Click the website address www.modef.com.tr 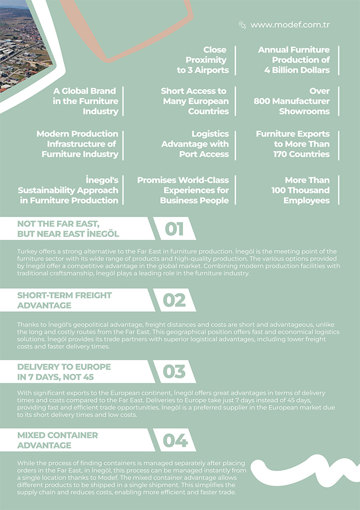290,25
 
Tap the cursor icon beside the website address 242,24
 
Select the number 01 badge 174,229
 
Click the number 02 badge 174,300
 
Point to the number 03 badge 174,371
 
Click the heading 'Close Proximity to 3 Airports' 203,60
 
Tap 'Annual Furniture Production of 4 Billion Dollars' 294,60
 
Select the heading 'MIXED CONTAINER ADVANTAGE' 57,440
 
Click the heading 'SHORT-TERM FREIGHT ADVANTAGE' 64,300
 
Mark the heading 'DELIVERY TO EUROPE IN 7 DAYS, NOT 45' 64,371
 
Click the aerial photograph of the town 23,48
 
